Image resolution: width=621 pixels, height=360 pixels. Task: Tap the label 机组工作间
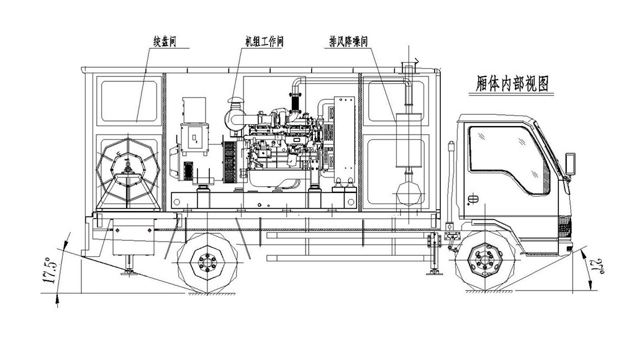click(264, 42)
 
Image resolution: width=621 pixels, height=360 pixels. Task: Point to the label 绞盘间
click(165, 42)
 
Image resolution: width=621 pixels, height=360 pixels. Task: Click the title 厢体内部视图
click(512, 84)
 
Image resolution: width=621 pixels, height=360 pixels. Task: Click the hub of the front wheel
click(484, 262)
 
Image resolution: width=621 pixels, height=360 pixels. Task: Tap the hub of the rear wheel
click(207, 262)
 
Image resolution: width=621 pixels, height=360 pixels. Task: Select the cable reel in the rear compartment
click(127, 169)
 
